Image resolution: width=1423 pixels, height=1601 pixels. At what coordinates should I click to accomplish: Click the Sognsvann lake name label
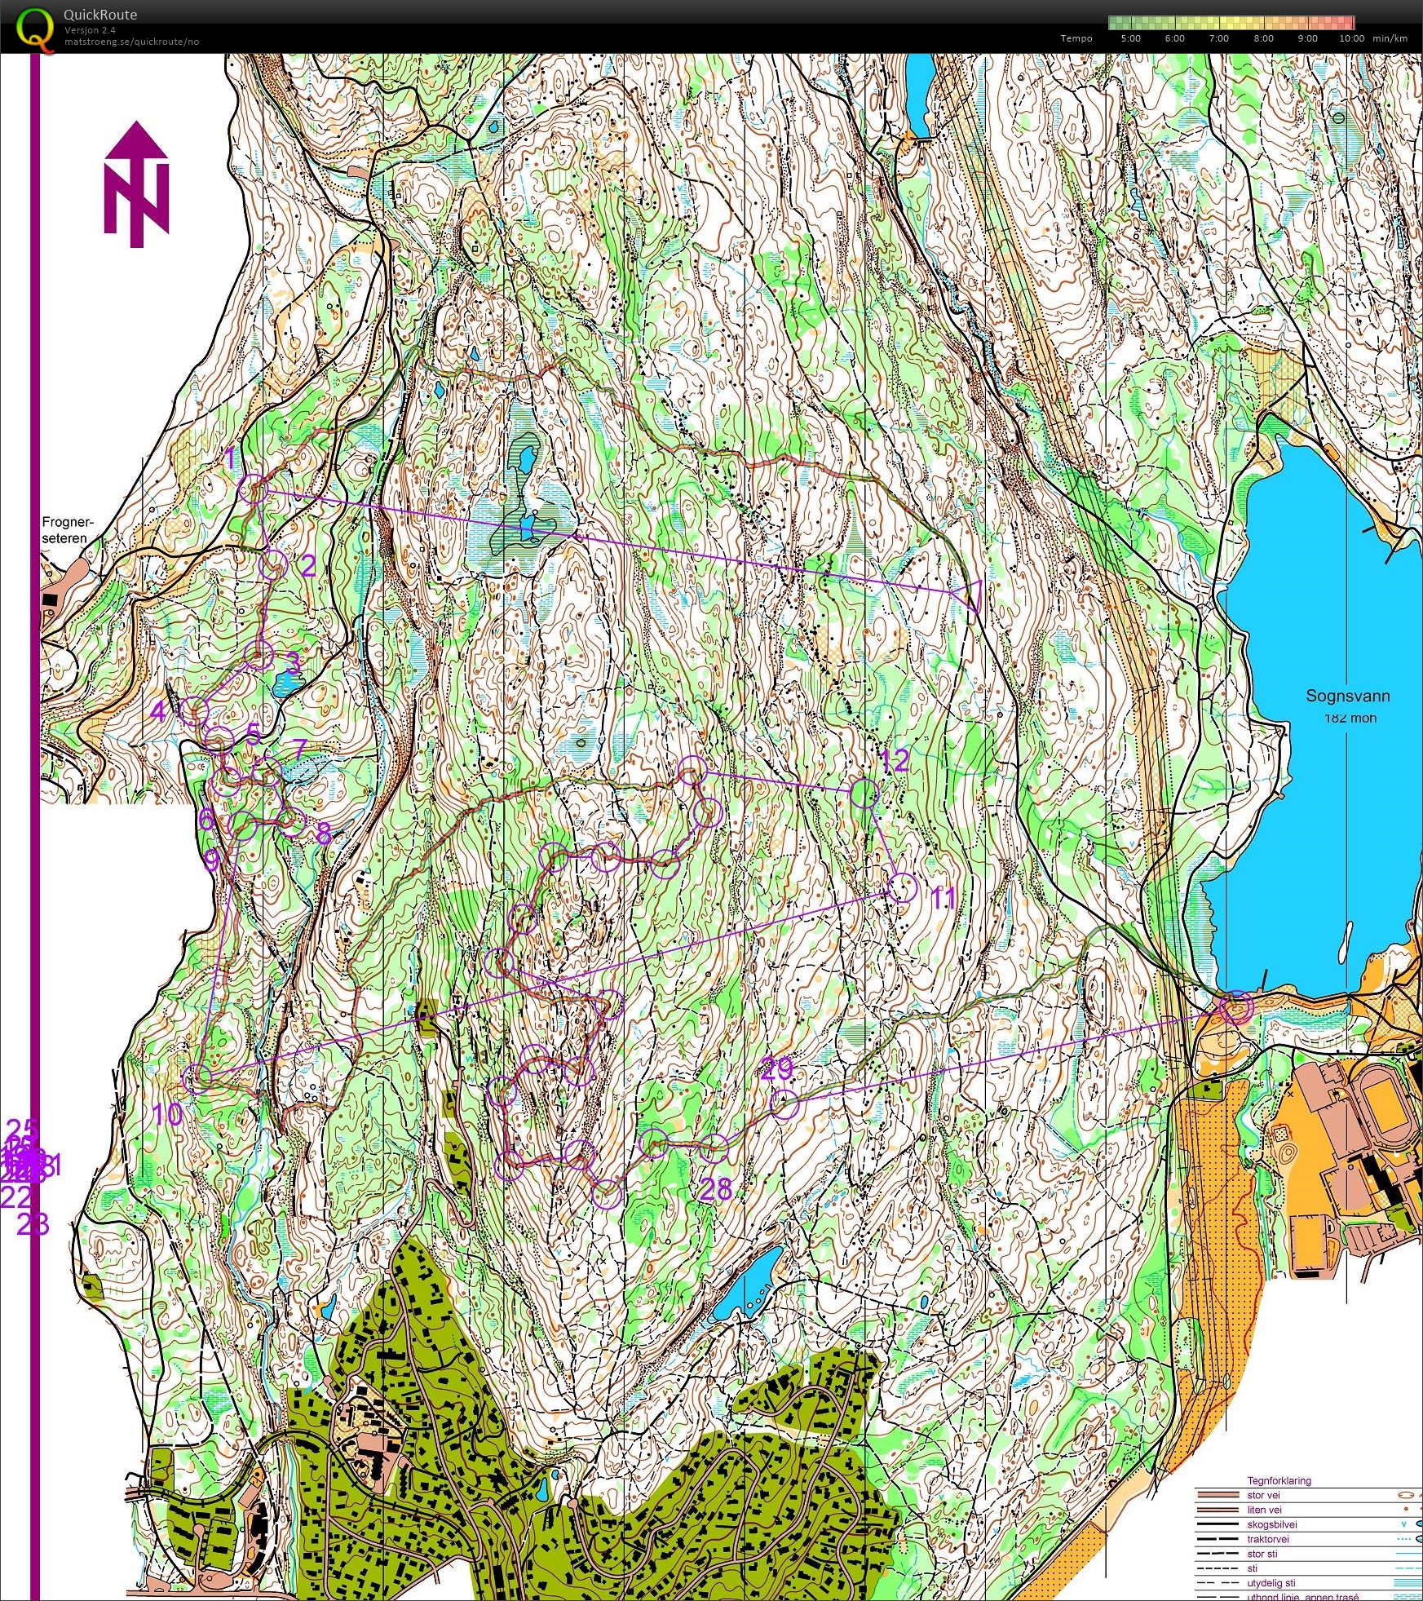[1347, 696]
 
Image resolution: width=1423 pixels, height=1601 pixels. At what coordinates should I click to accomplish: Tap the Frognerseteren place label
[68, 530]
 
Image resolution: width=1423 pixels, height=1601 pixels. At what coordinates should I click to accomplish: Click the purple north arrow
[136, 184]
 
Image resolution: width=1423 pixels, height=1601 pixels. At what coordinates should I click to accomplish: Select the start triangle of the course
[968, 595]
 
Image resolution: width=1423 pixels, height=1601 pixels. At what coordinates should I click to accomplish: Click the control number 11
[943, 898]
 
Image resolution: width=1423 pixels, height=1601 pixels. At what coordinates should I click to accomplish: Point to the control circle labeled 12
[864, 794]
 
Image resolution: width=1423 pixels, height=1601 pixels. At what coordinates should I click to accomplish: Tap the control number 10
[168, 1114]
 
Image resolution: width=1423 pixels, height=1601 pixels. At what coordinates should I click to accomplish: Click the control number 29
[776, 1069]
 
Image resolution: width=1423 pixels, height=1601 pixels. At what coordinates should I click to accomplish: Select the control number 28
[716, 1189]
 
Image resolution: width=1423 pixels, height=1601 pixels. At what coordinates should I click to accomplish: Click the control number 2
[307, 565]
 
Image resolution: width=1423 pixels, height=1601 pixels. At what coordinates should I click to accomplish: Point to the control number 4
[158, 711]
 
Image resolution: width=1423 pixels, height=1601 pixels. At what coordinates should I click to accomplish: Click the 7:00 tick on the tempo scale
[1218, 38]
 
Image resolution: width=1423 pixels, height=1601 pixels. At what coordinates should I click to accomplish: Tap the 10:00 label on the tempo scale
[1351, 38]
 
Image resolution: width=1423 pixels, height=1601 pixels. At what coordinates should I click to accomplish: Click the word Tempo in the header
[1076, 38]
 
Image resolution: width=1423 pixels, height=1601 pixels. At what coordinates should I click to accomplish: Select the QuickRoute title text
[99, 15]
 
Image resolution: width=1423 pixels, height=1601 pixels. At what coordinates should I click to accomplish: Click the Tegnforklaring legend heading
[1279, 1480]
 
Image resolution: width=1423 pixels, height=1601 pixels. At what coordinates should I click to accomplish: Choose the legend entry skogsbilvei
[1271, 1524]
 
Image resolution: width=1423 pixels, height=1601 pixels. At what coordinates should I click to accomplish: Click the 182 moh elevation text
[1350, 718]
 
